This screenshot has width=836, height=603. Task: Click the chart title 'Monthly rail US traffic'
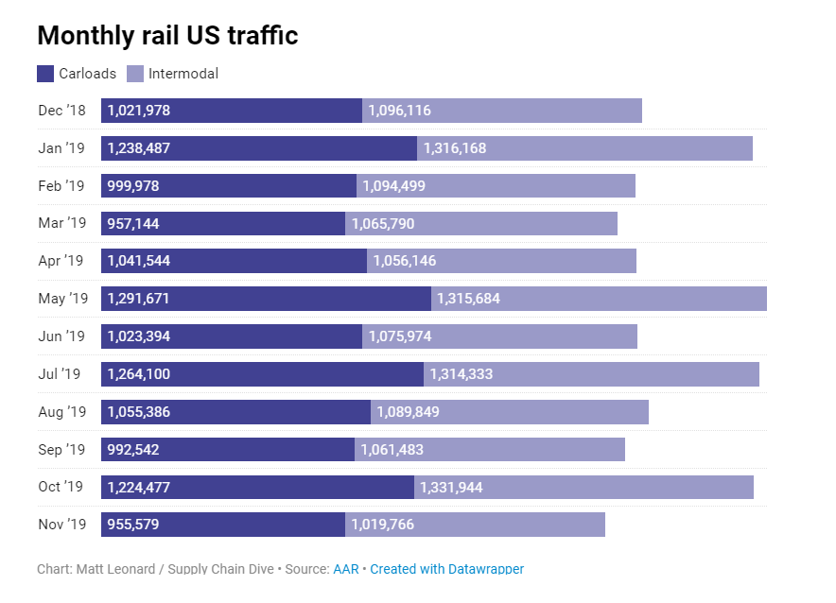[167, 36]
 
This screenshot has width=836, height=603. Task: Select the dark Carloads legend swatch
[45, 74]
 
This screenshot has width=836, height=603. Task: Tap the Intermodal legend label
[183, 74]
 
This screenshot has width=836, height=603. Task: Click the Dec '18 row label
[61, 111]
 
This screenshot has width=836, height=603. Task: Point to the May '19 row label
[62, 299]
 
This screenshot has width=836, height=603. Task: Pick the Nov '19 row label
[61, 525]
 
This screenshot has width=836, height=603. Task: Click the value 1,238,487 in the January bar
[139, 148]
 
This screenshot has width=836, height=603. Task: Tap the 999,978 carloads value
[133, 186]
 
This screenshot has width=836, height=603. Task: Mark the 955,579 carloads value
[133, 525]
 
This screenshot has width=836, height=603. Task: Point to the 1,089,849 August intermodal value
[408, 412]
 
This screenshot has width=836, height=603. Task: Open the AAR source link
[346, 569]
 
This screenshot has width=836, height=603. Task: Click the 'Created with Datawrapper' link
[446, 569]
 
